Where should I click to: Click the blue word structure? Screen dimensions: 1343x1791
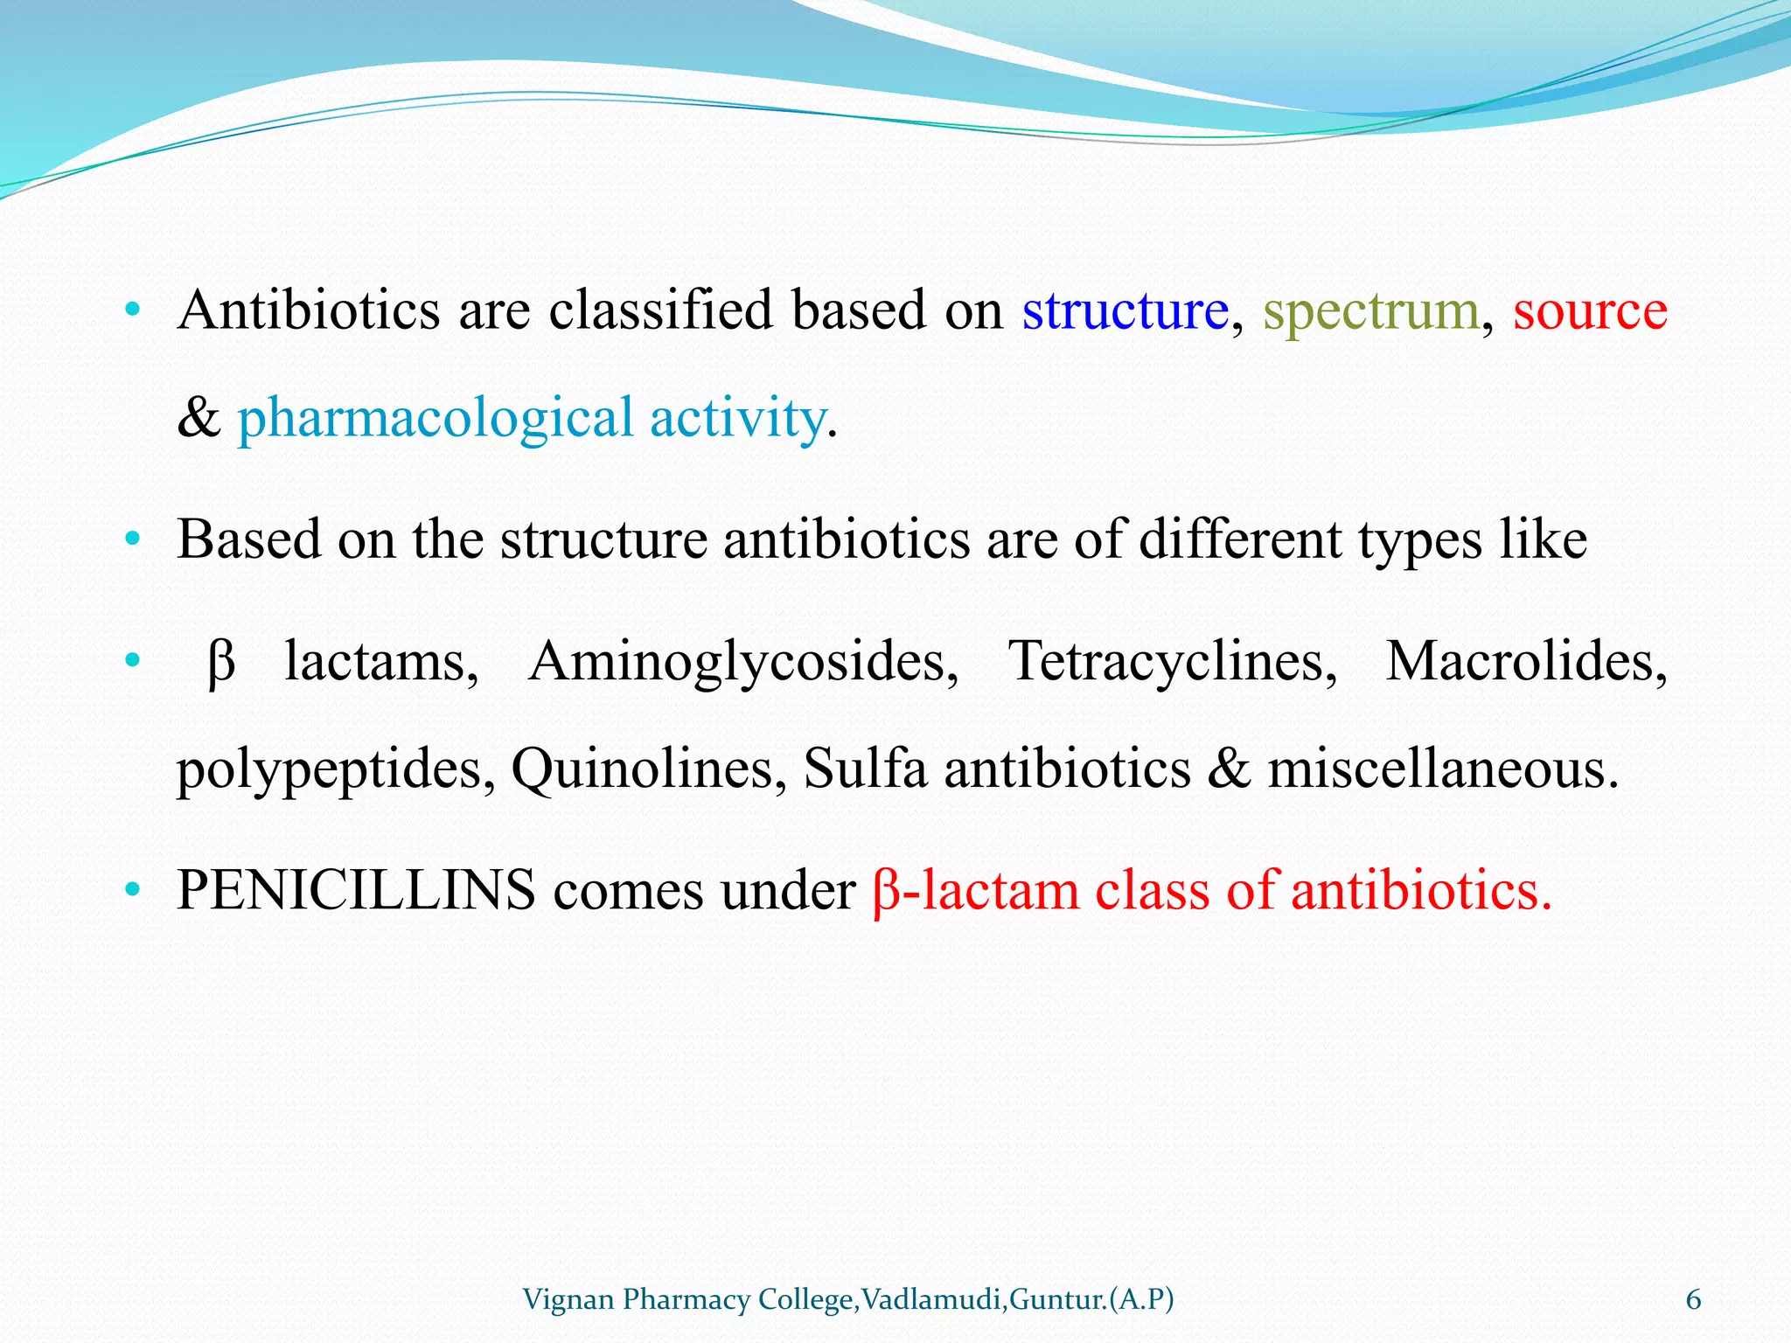1125,311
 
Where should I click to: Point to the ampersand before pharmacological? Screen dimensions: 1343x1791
198,419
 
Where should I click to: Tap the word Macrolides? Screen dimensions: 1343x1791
1526,662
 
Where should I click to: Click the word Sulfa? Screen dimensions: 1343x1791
865,769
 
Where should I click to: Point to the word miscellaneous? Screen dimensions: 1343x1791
1443,770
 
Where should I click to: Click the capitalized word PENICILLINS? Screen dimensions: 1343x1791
356,892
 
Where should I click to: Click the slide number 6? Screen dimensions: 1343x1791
1693,1300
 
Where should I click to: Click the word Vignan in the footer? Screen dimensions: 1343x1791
568,1300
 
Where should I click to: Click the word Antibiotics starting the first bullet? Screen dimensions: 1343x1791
308,311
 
